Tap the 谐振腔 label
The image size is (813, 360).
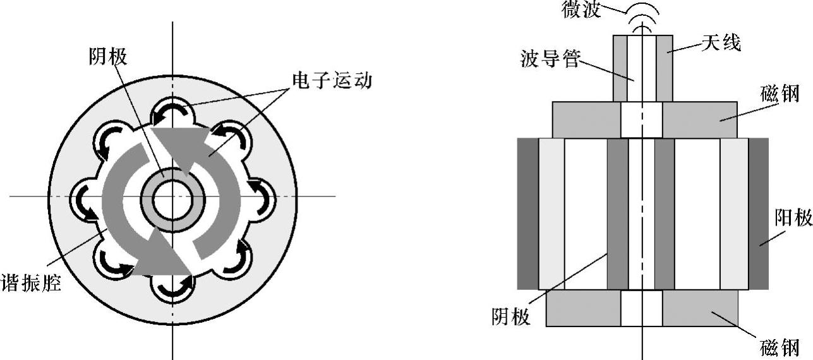pyautogui.click(x=31, y=282)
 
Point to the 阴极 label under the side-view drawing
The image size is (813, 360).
pyautogui.click(x=511, y=315)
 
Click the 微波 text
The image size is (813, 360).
pyautogui.click(x=581, y=9)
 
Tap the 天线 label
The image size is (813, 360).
pyautogui.click(x=721, y=44)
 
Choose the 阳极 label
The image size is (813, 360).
pyautogui.click(x=793, y=219)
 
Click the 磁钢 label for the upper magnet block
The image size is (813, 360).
pyautogui.click(x=780, y=94)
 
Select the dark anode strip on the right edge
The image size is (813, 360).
pyautogui.click(x=758, y=213)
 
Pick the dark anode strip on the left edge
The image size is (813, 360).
pyautogui.click(x=527, y=213)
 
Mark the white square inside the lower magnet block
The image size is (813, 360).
pyautogui.click(x=641, y=308)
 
